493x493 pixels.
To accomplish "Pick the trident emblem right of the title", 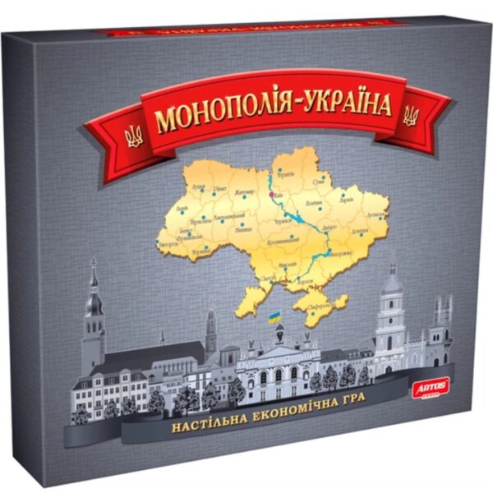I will pyautogui.click(x=409, y=116).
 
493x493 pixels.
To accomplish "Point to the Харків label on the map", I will pyautogui.click(x=348, y=198).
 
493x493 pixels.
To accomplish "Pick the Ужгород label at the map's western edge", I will pyautogui.click(x=168, y=243).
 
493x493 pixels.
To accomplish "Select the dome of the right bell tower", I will pyautogui.click(x=391, y=284).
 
